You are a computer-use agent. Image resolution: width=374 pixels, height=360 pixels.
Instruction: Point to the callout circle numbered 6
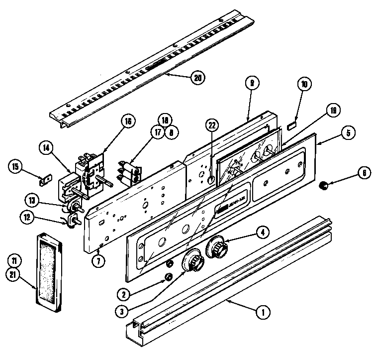[364, 173]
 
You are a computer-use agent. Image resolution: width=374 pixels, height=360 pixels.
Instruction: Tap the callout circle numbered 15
[16, 166]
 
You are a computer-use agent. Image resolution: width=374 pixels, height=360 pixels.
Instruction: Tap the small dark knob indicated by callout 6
[324, 186]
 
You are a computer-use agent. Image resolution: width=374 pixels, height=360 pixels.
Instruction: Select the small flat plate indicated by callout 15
[45, 179]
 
